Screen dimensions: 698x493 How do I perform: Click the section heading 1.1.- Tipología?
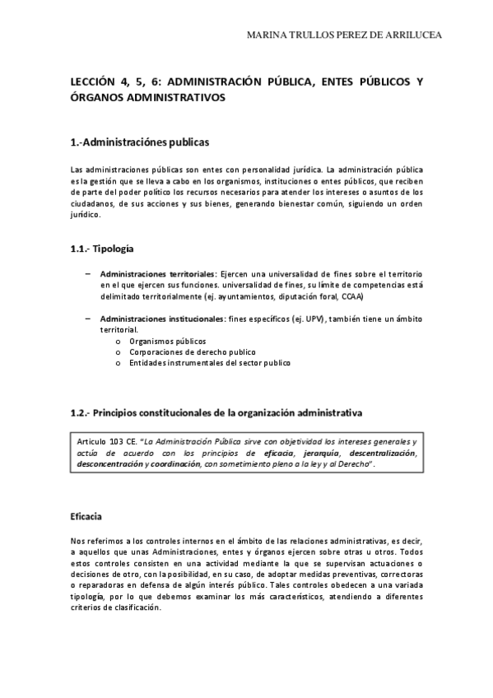click(103, 248)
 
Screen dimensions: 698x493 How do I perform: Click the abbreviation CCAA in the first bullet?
click(351, 296)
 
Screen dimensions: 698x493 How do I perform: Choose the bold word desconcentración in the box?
click(110, 464)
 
